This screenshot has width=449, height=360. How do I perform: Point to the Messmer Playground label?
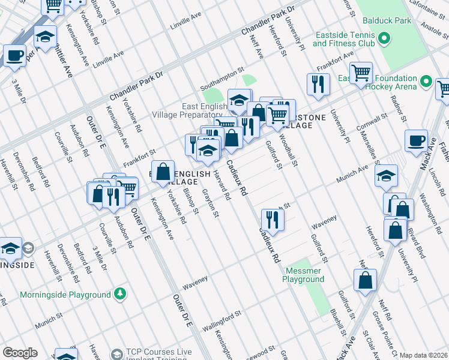click(x=304, y=275)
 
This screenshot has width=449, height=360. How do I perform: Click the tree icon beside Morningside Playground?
click(x=121, y=294)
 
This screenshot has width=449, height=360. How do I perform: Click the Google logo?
click(x=20, y=353)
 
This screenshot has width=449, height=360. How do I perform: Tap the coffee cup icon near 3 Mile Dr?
click(x=15, y=56)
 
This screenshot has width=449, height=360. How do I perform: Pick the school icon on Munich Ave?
click(x=386, y=176)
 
